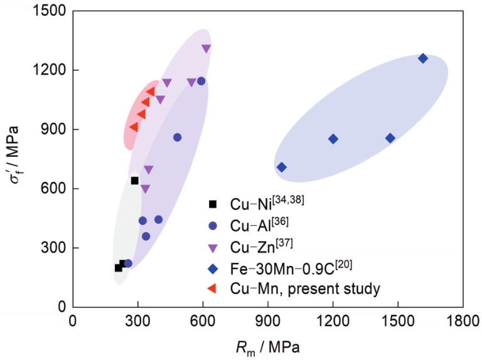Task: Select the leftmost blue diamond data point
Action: click(x=282, y=167)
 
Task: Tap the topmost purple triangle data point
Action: click(x=206, y=48)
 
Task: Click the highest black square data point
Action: click(x=134, y=181)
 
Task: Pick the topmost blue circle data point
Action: click(x=201, y=81)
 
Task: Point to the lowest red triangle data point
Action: click(x=134, y=127)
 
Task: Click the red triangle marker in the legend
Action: click(x=213, y=289)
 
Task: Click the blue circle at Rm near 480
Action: click(x=177, y=137)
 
